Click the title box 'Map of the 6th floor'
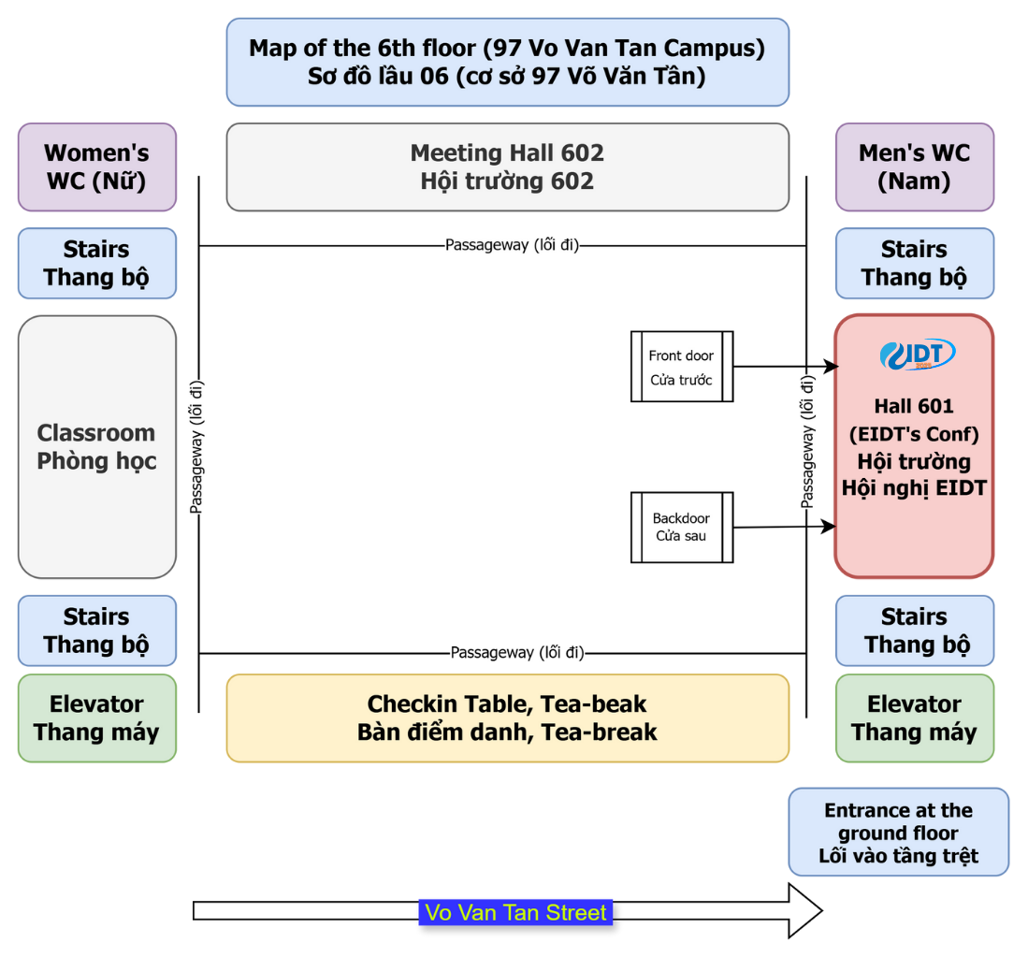[507, 62]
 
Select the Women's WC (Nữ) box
[96, 167]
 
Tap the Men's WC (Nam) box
[914, 167]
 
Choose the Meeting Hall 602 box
[507, 167]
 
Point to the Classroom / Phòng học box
[96, 446]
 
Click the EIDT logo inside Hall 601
[918, 355]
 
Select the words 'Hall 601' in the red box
[914, 406]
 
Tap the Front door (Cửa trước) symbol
[681, 367]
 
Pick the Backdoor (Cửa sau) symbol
[681, 528]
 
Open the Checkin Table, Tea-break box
[507, 718]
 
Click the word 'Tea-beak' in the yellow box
[601, 703]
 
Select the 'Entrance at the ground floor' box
[898, 832]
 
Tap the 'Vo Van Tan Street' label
[515, 912]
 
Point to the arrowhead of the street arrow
[805, 910]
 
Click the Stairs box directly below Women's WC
[96, 263]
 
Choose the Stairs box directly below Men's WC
[914, 263]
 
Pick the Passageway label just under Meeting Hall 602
[512, 245]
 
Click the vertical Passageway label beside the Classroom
[197, 446]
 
